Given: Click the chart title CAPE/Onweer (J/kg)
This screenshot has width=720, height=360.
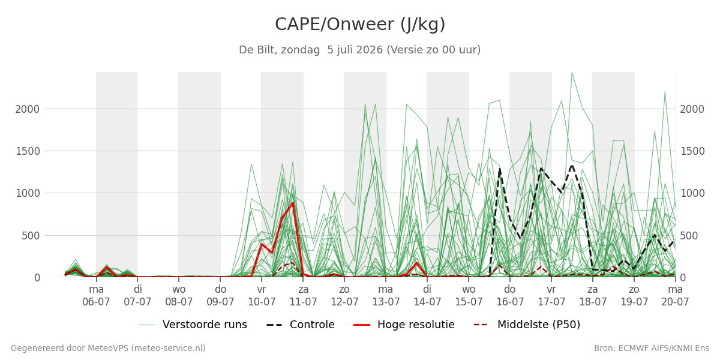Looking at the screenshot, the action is pyautogui.click(x=360, y=25).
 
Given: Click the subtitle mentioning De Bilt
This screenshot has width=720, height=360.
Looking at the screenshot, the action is pyautogui.click(x=359, y=50).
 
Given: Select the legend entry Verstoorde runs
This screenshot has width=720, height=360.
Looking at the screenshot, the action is pyautogui.click(x=193, y=325).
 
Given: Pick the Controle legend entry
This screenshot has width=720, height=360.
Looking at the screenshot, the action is pyautogui.click(x=301, y=325).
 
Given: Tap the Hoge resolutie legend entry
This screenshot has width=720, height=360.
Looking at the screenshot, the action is pyautogui.click(x=404, y=325).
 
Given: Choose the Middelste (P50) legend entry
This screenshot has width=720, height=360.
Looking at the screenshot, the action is pyautogui.click(x=527, y=325).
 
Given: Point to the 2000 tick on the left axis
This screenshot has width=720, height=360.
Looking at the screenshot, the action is pyautogui.click(x=28, y=109).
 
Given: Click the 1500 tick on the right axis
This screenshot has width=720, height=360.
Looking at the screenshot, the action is pyautogui.click(x=692, y=151).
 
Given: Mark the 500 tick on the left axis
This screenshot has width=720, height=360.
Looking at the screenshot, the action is pyautogui.click(x=31, y=236).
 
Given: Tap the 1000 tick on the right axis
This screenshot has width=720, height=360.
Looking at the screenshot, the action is pyautogui.click(x=692, y=193).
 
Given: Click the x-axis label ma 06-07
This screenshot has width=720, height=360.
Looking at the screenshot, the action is pyautogui.click(x=96, y=296).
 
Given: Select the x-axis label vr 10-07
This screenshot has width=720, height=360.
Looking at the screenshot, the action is pyautogui.click(x=262, y=296).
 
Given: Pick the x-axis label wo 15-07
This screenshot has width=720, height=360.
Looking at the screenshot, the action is pyautogui.click(x=469, y=296).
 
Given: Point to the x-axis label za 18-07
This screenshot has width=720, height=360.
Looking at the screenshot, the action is pyautogui.click(x=593, y=296).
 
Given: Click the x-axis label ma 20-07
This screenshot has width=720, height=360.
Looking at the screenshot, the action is pyautogui.click(x=675, y=296).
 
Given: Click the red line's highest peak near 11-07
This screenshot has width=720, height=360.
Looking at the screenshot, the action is pyautogui.click(x=293, y=203).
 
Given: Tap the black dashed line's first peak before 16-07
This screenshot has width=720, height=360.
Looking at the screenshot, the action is pyautogui.click(x=500, y=168).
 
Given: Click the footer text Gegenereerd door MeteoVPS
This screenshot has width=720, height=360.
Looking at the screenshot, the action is pyautogui.click(x=108, y=348).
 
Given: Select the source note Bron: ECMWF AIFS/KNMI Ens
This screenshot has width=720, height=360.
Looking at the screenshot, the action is pyautogui.click(x=652, y=348).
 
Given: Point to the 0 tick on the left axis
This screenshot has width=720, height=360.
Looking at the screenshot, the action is pyautogui.click(x=37, y=278).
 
